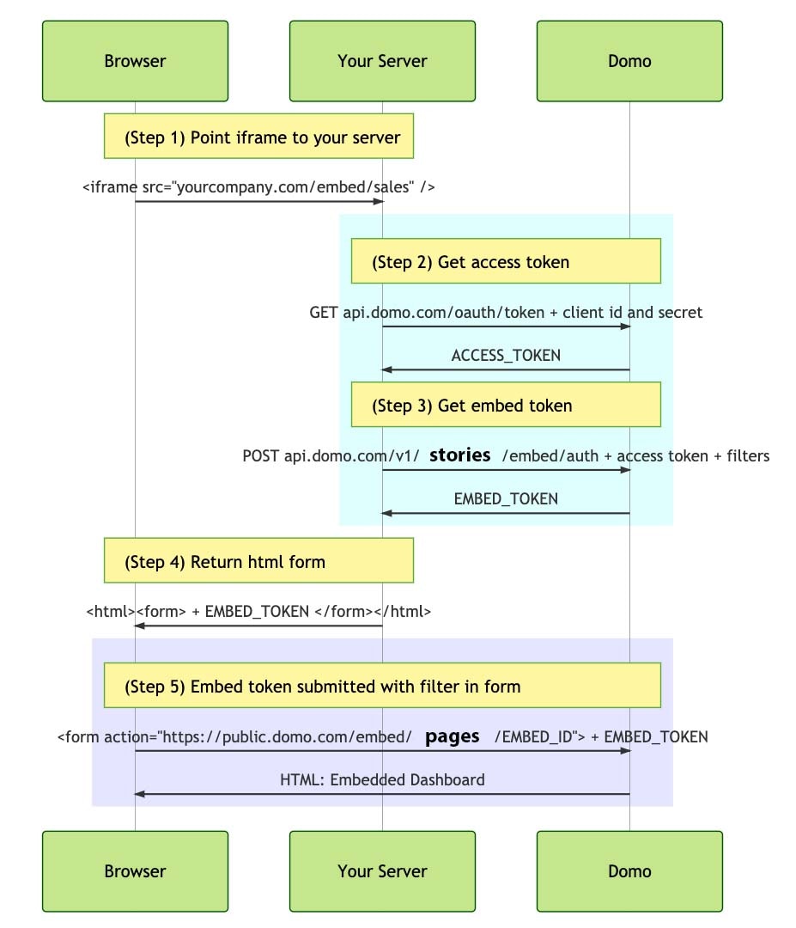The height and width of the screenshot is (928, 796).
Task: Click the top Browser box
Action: point(135,61)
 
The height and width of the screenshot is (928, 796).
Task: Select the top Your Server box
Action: point(382,61)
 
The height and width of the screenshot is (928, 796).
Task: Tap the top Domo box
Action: point(629,61)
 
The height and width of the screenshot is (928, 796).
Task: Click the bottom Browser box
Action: point(135,871)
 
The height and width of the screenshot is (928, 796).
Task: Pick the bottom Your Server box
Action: point(382,871)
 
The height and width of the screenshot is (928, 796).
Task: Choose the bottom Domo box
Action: point(629,871)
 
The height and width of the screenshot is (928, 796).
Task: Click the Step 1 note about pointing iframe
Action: point(258,137)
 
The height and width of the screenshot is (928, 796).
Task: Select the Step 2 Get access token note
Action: point(506,262)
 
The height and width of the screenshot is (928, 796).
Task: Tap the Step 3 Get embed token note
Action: point(506,405)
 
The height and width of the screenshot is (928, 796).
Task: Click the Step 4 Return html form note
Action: point(258,562)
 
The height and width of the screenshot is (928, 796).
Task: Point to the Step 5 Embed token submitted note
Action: point(382,687)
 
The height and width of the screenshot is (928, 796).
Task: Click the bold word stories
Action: point(459,455)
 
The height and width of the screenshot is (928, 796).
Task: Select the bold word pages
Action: point(453,736)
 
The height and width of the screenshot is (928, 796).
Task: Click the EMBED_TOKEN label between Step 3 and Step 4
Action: point(506,498)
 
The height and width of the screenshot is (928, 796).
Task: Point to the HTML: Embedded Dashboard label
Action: point(382,780)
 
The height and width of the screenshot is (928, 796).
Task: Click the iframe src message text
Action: point(258,186)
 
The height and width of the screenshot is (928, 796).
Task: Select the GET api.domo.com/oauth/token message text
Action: point(506,313)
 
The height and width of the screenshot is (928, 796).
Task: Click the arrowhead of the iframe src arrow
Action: point(377,202)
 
